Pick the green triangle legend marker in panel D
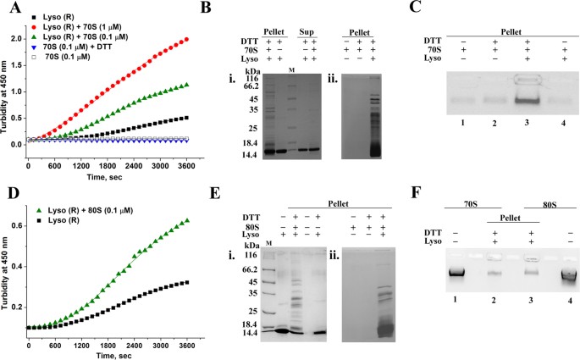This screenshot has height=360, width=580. coord(31,209)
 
